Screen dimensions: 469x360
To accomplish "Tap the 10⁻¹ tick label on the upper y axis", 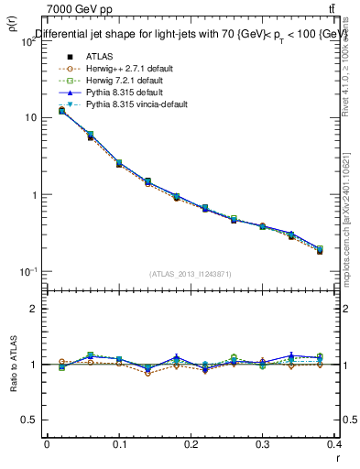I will pyautogui.click(x=26, y=272).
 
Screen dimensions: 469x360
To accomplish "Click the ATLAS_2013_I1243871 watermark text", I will pyautogui.click(x=191, y=275).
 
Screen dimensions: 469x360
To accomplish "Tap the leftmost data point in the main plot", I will pyautogui.click(x=61, y=111).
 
